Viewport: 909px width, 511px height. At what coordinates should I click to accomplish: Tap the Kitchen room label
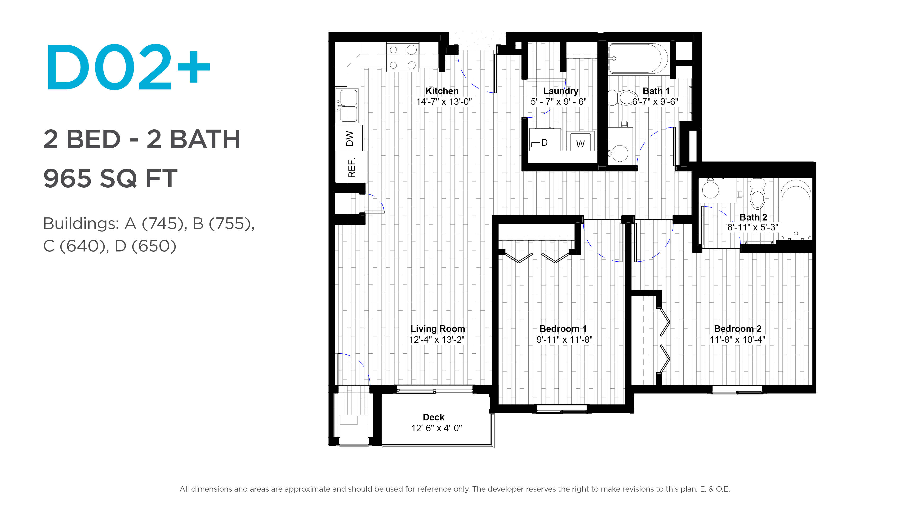[x=442, y=91]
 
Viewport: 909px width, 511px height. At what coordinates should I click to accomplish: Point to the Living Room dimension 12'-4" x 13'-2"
[x=437, y=340]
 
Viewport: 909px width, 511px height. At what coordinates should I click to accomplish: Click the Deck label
[x=434, y=417]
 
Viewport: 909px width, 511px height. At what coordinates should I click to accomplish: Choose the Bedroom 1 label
[x=563, y=329]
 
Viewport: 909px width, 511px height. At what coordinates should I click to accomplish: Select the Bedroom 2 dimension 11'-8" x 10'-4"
[x=738, y=340]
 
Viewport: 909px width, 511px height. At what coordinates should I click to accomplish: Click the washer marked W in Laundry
[x=580, y=142]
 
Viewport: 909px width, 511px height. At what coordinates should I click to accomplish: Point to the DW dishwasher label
[x=350, y=139]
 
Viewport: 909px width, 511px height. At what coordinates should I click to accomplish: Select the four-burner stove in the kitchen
[x=403, y=57]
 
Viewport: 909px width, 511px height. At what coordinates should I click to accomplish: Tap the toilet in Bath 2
[x=757, y=194]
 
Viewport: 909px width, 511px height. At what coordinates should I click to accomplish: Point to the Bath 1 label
[x=656, y=91]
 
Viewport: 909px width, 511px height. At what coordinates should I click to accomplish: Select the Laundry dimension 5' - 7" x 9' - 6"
[x=559, y=101]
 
